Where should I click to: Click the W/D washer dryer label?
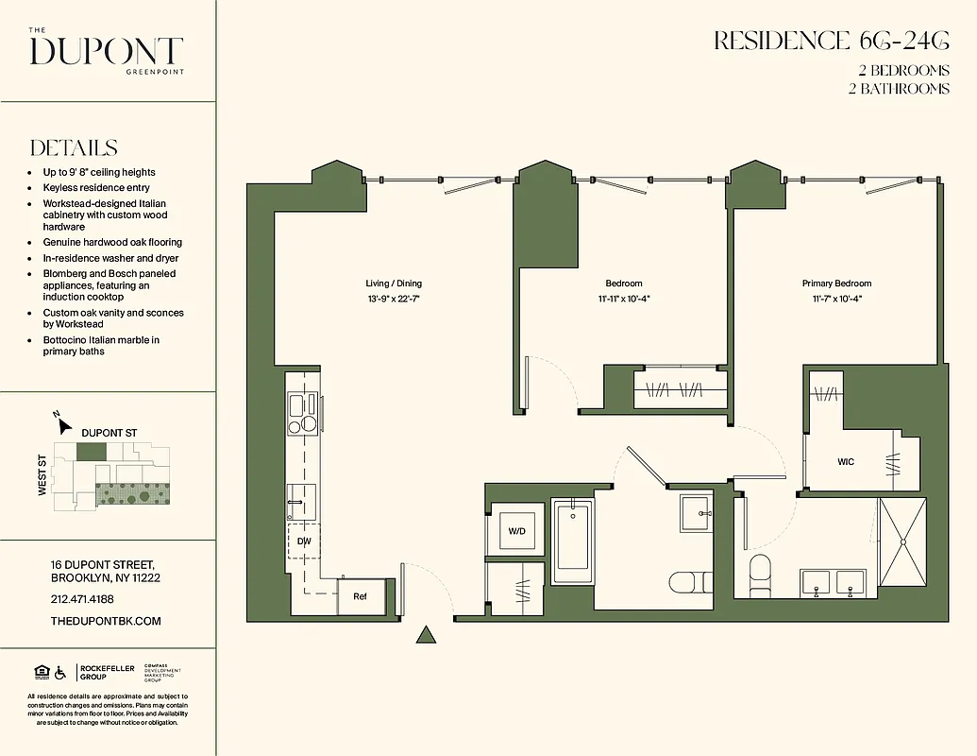516,531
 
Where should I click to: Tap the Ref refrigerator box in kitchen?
361,596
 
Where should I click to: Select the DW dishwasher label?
304,541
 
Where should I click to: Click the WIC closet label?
846,462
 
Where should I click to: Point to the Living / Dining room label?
394,283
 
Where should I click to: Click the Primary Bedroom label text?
836,283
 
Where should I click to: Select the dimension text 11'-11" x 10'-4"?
623,299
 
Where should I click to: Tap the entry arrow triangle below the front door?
427,635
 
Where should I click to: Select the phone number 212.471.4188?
81,599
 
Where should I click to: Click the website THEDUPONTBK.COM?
106,621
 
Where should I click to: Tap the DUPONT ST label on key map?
109,433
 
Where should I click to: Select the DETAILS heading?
74,148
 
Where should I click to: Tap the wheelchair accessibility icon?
60,673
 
